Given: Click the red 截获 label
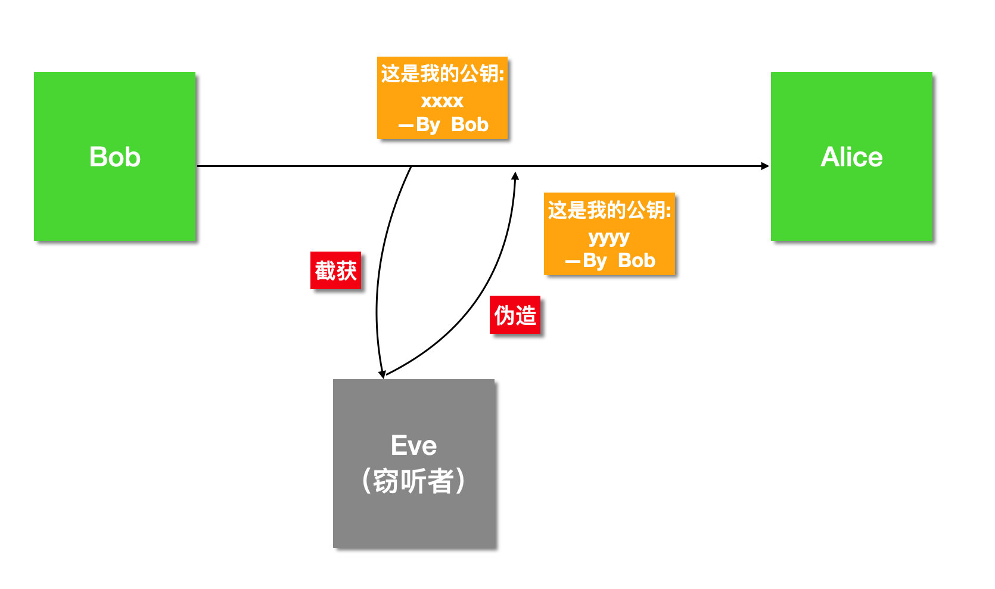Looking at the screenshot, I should coord(335,271).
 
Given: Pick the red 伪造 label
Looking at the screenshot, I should coord(515,315).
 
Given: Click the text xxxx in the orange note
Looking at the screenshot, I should coord(442,100).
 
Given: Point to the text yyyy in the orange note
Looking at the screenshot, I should coord(609,237).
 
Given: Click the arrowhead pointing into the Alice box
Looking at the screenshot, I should coord(765,166).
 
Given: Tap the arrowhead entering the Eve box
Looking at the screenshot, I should coord(382,374).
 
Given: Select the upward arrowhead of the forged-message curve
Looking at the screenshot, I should coord(515,176).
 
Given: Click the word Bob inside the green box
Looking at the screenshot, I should coord(114,157).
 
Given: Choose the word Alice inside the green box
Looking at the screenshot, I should coord(851,157).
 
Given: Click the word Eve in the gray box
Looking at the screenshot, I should coord(413,445).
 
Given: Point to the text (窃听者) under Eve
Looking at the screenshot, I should coord(413,481).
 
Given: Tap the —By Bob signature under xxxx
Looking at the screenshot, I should coord(443,125).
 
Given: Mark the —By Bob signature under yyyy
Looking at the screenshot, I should coord(610,261).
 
